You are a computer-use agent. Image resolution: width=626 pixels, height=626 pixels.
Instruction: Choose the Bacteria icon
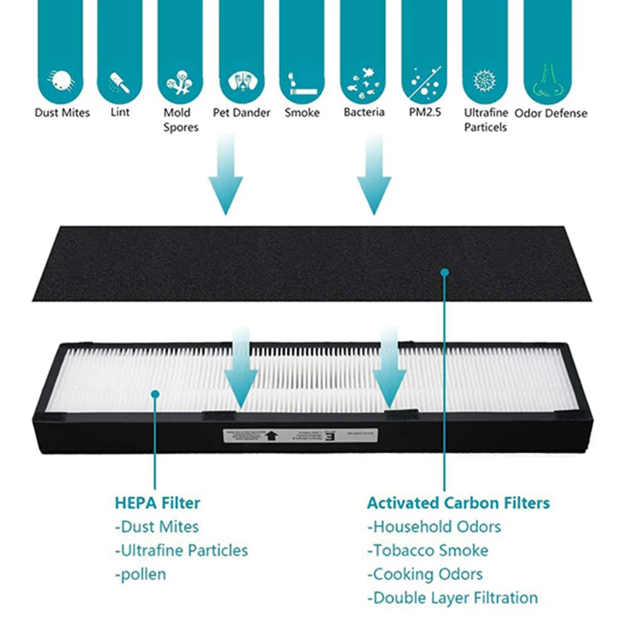tap(363, 81)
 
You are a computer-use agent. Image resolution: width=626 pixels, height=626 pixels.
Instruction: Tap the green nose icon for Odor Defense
tap(549, 81)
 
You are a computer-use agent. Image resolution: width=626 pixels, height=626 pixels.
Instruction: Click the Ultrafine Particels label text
tap(486, 120)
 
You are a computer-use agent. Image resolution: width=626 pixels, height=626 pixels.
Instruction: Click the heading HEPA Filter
tap(157, 502)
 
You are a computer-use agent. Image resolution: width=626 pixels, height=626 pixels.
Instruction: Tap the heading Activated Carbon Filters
tap(458, 502)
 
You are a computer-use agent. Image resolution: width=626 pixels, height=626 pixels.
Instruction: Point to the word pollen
tap(140, 574)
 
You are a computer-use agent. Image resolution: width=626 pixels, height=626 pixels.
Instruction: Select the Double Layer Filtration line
tap(452, 598)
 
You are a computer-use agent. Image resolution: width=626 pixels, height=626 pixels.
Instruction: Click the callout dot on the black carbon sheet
tap(444, 272)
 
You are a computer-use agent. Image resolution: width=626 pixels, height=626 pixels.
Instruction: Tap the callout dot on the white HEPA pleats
tap(155, 393)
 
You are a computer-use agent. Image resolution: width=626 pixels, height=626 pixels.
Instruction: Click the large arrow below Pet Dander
tap(226, 176)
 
